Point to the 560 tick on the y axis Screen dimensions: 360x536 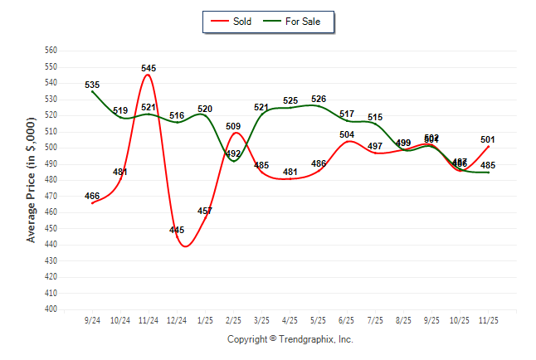click(51, 51)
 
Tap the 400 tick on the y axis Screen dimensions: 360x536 click(51, 309)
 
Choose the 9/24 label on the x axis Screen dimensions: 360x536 click(93, 319)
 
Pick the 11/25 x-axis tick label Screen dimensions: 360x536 click(488, 319)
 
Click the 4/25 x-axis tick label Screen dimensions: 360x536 click(290, 319)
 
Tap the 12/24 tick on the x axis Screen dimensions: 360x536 click(177, 319)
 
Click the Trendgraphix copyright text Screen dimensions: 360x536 click(290, 339)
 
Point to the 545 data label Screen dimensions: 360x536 click(149, 68)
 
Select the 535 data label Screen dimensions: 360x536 click(92, 85)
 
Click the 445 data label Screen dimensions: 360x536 click(177, 230)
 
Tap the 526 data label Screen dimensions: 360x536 click(319, 100)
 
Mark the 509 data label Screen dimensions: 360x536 click(233, 127)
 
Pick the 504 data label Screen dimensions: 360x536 click(347, 134)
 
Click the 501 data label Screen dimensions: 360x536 click(488, 139)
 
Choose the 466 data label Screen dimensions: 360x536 click(92, 196)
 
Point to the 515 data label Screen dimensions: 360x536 click(375, 117)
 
